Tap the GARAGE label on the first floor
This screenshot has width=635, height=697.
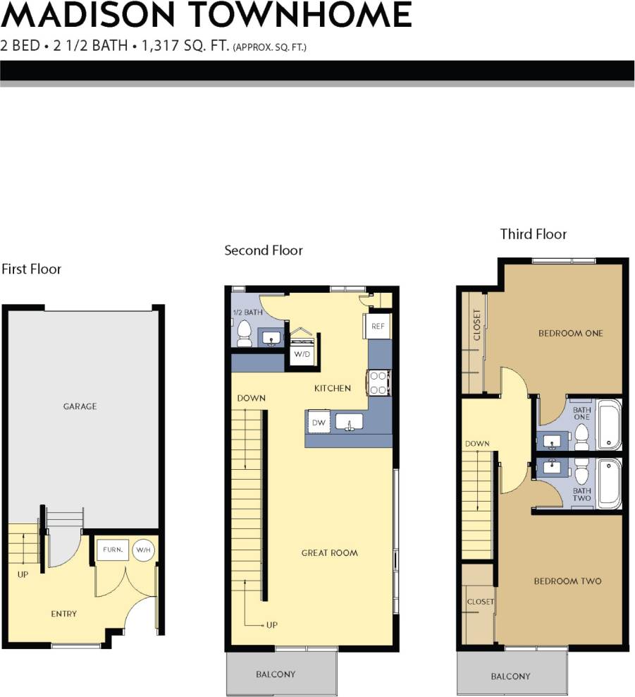click(80, 406)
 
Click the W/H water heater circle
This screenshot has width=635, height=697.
click(144, 550)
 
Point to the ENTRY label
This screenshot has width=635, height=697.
click(63, 614)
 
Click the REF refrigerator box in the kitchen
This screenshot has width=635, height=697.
click(378, 327)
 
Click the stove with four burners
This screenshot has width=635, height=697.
click(378, 382)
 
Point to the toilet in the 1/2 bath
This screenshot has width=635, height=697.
click(244, 334)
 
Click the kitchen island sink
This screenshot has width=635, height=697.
click(349, 422)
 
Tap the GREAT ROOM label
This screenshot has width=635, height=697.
click(329, 553)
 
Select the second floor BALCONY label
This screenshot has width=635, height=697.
click(276, 674)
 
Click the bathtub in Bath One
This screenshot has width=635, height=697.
click(608, 425)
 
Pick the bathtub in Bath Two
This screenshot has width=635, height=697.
click(608, 483)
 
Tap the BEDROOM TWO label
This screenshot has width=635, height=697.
click(567, 581)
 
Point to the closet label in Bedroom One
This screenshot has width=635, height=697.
click(477, 325)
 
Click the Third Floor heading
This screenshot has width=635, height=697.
click(533, 234)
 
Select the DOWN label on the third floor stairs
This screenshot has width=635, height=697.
click(477, 444)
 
